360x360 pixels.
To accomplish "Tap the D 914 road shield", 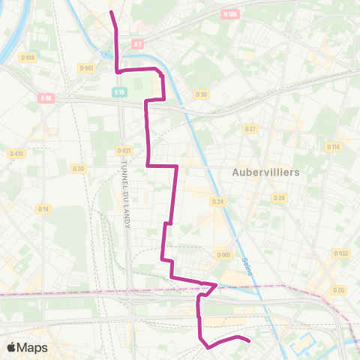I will (x=28, y=57).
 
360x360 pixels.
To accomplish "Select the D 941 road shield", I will (x=86, y=67).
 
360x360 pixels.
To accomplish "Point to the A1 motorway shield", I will (x=138, y=45).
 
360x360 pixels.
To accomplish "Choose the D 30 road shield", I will (x=201, y=94).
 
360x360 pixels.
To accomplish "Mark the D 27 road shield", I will (x=250, y=129).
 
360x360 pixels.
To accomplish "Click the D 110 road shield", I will (x=334, y=146).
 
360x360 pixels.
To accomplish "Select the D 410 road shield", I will (x=16, y=153).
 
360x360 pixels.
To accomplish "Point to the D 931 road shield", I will (x=124, y=150).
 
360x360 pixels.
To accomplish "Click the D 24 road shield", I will (x=218, y=202).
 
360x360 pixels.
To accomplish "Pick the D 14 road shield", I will (x=44, y=209).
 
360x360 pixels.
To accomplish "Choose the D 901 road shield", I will (x=223, y=255).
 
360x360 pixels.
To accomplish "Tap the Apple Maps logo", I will (x=27, y=347).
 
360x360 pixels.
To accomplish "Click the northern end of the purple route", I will (x=112, y=13).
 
